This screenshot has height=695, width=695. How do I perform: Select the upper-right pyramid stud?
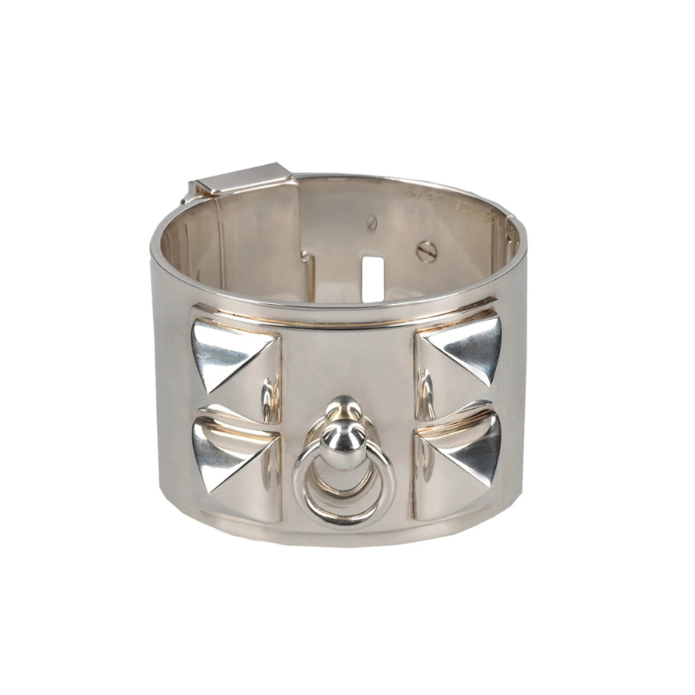coord(460,352)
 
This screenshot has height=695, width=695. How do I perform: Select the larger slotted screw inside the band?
coord(426,252)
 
